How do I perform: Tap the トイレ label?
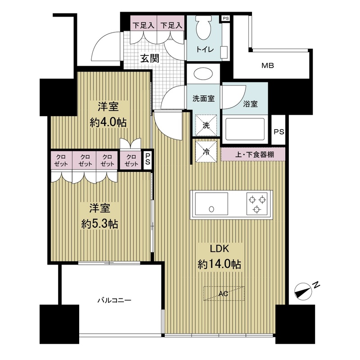[205, 49]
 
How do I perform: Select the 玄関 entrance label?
[150, 58]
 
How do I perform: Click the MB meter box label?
[268, 66]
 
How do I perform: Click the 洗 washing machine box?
[206, 125]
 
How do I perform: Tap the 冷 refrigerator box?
[206, 152]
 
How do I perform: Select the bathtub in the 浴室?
[245, 130]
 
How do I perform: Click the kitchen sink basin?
[211, 204]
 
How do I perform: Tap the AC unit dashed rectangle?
[224, 293]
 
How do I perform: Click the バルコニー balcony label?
[114, 300]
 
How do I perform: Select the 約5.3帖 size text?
[100, 224]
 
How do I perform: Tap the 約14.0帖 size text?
[220, 265]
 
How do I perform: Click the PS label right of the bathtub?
[279, 132]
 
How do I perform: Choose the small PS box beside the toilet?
[225, 18]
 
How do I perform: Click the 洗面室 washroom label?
[203, 99]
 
